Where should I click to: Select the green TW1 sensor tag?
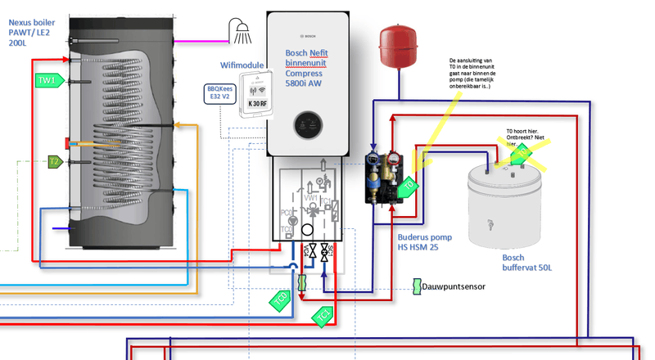[47, 80]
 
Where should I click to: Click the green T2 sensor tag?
[54, 162]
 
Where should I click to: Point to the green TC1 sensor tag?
[324, 313]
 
